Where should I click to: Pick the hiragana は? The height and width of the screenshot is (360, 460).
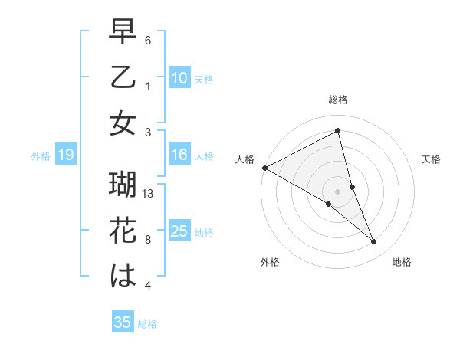click(x=123, y=277)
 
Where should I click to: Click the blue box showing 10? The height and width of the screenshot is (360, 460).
click(x=179, y=77)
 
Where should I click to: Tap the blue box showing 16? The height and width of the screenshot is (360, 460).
click(x=179, y=155)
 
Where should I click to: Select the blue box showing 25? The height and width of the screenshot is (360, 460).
click(x=179, y=231)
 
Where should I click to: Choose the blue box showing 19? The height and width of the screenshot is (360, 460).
click(x=65, y=155)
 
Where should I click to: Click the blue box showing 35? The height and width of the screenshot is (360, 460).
click(x=122, y=322)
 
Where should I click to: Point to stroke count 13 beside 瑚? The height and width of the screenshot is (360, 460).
click(x=149, y=194)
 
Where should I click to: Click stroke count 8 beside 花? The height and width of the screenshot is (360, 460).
click(x=149, y=239)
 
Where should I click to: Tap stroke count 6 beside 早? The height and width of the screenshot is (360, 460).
click(x=148, y=40)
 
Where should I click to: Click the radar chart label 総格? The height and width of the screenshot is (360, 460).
click(x=338, y=100)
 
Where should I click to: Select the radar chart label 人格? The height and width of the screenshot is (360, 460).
click(x=245, y=159)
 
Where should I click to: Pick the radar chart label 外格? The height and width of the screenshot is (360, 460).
click(x=269, y=262)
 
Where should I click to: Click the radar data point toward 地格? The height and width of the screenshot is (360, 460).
click(x=374, y=242)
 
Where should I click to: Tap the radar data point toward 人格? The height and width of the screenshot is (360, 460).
click(x=264, y=167)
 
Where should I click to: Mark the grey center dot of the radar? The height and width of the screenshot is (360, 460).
click(x=338, y=191)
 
